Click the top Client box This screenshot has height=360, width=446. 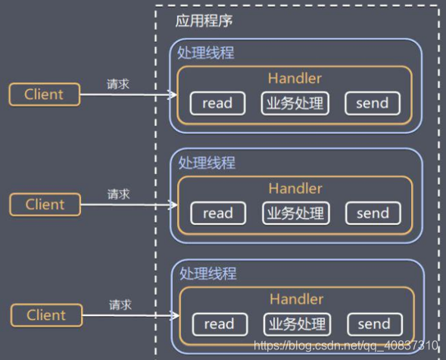point(44,95)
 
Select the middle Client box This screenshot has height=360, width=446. point(45,205)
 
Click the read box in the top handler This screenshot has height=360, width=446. point(217,103)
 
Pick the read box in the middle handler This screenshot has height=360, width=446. point(217,214)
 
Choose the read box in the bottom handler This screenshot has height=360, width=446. point(218,324)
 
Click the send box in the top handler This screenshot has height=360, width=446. point(372,103)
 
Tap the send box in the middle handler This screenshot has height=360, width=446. point(372,214)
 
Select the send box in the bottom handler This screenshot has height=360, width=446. point(373,324)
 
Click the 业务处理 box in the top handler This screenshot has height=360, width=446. point(294,103)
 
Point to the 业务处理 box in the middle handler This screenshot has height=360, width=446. point(295,214)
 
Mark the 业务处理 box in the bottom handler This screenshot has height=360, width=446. point(295,324)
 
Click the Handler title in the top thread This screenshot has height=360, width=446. point(295,78)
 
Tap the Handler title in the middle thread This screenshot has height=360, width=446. point(295,189)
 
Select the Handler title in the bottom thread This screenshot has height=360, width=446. point(296,299)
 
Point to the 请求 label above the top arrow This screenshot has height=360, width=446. point(117,83)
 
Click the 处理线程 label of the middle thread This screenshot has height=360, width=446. point(207,163)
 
